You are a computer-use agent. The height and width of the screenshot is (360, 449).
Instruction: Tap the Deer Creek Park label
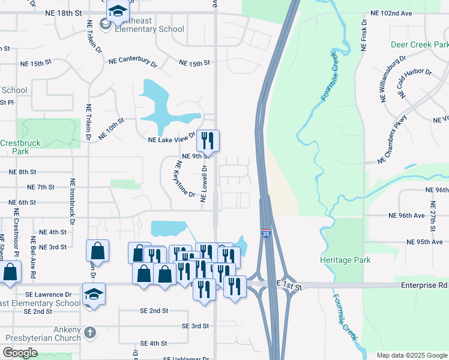pyautogui.click(x=420, y=45)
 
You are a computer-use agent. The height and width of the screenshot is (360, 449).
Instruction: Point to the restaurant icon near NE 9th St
pyautogui.click(x=208, y=141)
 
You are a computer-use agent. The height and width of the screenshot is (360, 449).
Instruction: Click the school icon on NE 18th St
pyautogui.click(x=118, y=11)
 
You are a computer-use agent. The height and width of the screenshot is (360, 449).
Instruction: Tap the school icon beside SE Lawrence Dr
pyautogui.click(x=93, y=294)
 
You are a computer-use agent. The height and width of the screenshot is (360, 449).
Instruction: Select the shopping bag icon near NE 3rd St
pyautogui.click(x=97, y=251)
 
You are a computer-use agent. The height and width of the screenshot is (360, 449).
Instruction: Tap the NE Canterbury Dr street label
pyautogui.click(x=133, y=61)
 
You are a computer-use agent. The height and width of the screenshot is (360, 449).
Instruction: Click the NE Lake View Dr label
pyautogui.click(x=172, y=139)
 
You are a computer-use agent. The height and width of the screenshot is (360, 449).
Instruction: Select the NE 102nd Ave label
pyautogui.click(x=391, y=13)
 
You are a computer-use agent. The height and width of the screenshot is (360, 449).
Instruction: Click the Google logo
pyautogui.click(x=20, y=353)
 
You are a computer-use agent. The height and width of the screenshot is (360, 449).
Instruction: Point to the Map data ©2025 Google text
pyautogui.click(x=412, y=355)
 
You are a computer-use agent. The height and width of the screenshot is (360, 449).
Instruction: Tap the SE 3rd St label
pyautogui.click(x=195, y=326)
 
